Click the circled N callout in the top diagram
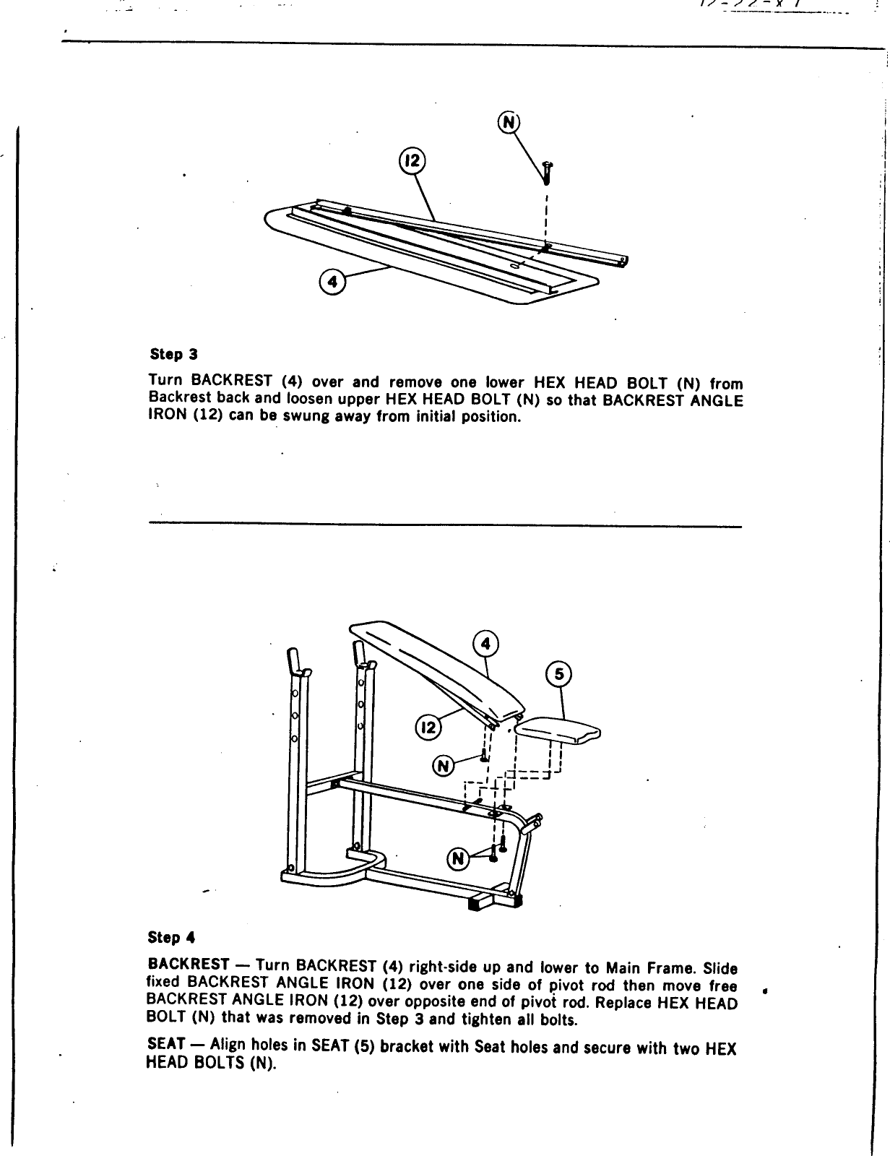[x=509, y=123]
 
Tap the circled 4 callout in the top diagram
[x=332, y=282]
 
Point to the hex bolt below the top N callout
[x=547, y=174]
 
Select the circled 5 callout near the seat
[x=559, y=674]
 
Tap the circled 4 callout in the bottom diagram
[x=486, y=643]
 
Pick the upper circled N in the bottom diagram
[x=443, y=765]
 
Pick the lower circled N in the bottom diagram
[x=458, y=858]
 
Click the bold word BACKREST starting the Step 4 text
[x=189, y=965]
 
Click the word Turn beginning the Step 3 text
[x=164, y=381]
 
